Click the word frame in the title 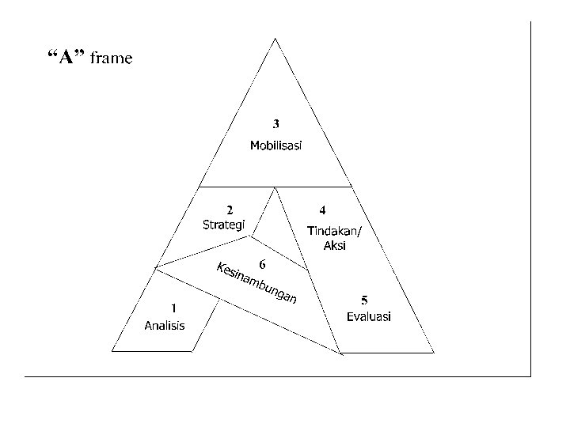pyautogui.click(x=112, y=58)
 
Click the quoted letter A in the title pyautogui.click(x=66, y=57)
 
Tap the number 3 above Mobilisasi pyautogui.click(x=275, y=124)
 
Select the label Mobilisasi pyautogui.click(x=275, y=145)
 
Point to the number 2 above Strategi pyautogui.click(x=230, y=210)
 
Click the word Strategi pyautogui.click(x=224, y=225)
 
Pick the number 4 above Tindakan pyautogui.click(x=322, y=210)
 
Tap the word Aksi pyautogui.click(x=335, y=246)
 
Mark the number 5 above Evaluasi pyautogui.click(x=364, y=300)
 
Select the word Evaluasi pyautogui.click(x=369, y=316)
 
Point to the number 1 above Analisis pyautogui.click(x=173, y=308)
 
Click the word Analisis pyautogui.click(x=164, y=324)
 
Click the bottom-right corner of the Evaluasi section pyautogui.click(x=435, y=351)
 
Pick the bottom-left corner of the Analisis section pyautogui.click(x=113, y=350)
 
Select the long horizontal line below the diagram pyautogui.click(x=277, y=376)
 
